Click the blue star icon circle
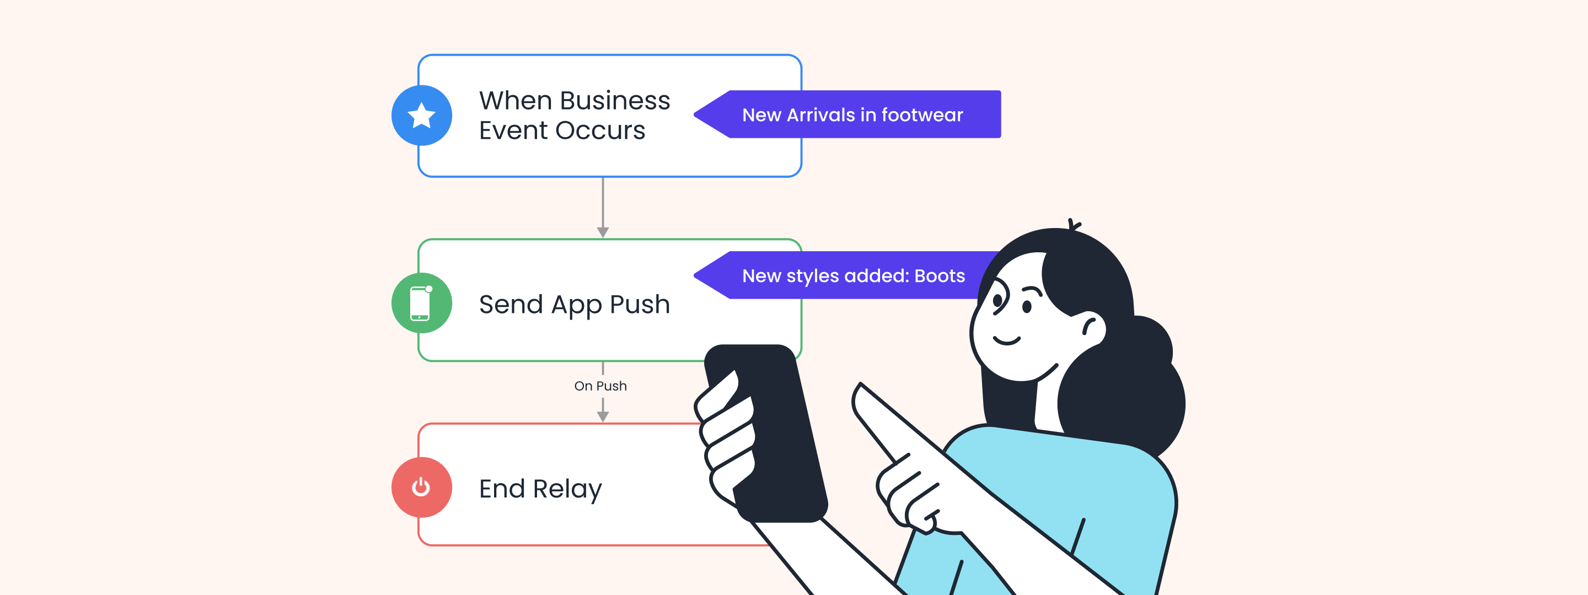[x=422, y=115]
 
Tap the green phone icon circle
[x=422, y=303]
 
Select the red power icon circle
[x=422, y=487]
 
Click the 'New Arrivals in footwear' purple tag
[x=851, y=115]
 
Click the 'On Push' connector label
[x=600, y=386]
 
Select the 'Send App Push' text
[x=574, y=304]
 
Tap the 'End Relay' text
[x=540, y=489]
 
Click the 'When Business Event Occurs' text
[x=574, y=115]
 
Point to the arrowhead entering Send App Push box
[x=603, y=232]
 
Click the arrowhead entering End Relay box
[x=603, y=416]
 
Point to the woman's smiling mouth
[x=1006, y=340]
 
